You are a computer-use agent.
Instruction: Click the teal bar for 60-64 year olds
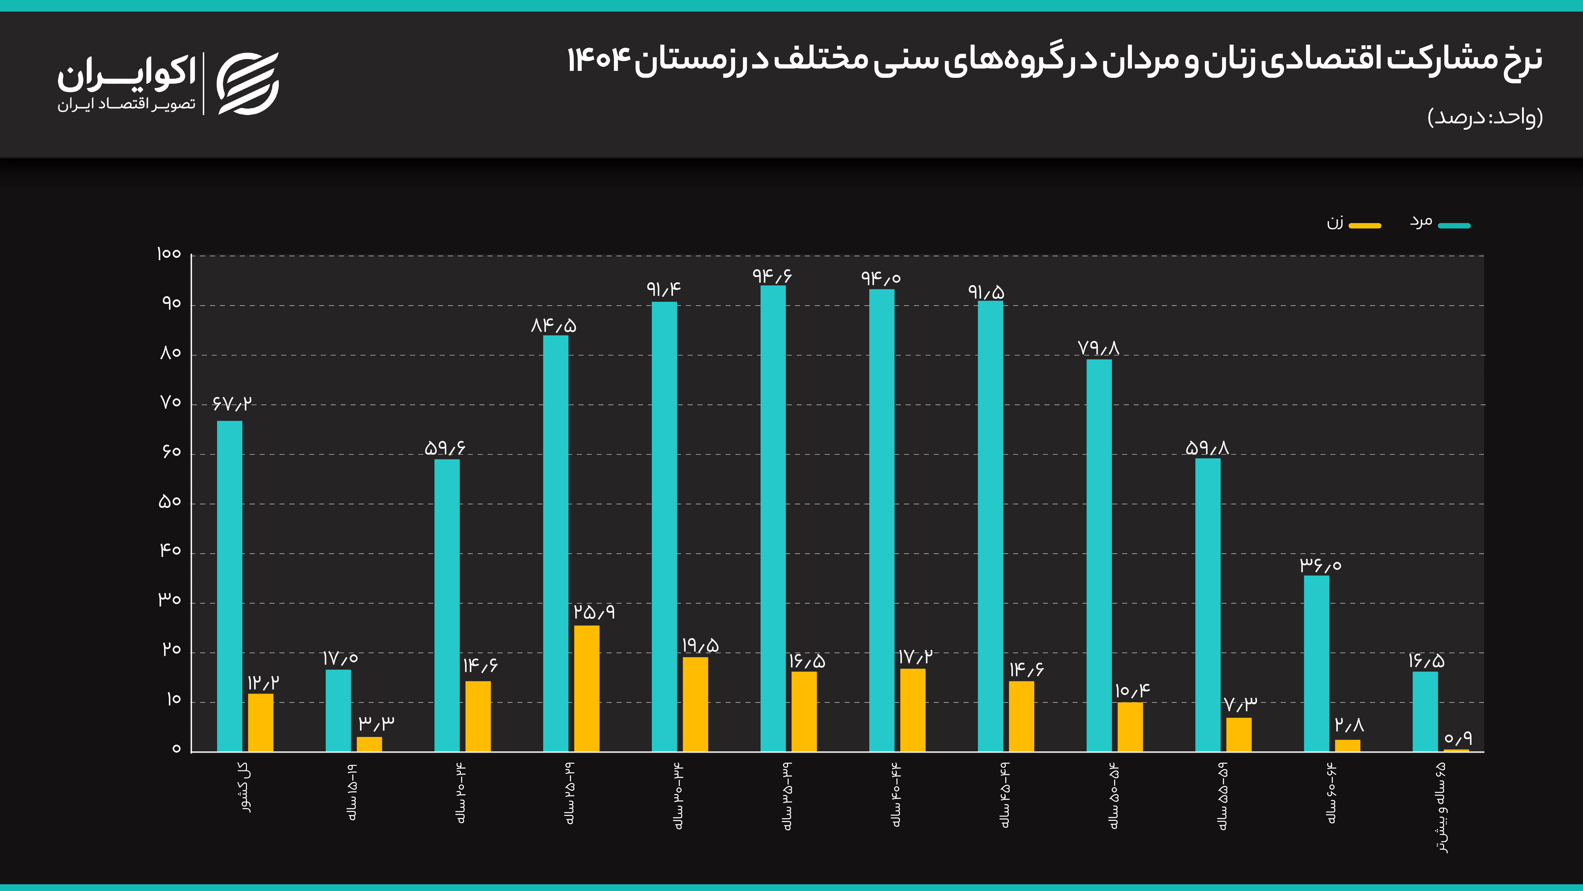(x=1316, y=663)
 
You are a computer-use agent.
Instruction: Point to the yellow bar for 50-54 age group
(x=1130, y=727)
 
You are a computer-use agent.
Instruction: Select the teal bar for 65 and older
(x=1425, y=711)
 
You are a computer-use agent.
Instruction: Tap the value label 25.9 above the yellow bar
(x=594, y=612)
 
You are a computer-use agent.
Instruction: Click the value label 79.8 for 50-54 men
(x=1099, y=348)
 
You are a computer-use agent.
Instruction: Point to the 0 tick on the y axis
(x=176, y=749)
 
